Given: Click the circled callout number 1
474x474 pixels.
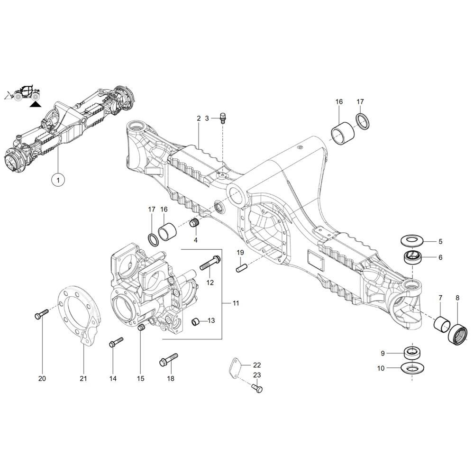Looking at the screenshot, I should (x=58, y=180).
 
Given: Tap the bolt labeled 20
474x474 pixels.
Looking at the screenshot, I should (x=41, y=314).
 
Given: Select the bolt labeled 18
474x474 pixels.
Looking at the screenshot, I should (x=168, y=359).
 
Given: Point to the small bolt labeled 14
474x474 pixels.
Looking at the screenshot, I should (x=116, y=342).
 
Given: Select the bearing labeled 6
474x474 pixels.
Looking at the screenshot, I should (x=411, y=258).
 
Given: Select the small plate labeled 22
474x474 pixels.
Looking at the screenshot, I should (x=235, y=368).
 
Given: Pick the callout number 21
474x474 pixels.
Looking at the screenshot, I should (x=83, y=378).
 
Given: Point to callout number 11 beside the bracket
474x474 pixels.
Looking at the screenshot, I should (x=236, y=302).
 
